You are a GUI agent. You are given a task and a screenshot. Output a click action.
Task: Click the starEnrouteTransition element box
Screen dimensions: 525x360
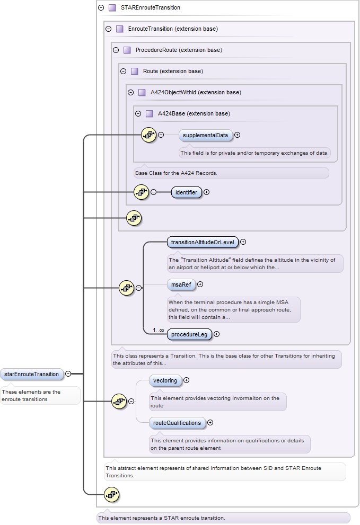(31, 374)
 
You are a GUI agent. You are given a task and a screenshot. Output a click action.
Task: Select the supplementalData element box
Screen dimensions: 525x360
(205, 135)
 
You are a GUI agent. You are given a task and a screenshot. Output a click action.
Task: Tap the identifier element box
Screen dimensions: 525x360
(186, 192)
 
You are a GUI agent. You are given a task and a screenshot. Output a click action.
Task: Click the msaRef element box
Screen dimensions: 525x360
(181, 284)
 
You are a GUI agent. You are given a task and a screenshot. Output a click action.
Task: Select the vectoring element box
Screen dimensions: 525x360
(165, 380)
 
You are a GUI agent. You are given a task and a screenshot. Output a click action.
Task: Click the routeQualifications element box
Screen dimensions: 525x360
(177, 423)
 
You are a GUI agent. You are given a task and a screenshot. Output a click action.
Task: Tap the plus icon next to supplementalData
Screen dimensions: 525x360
(238, 135)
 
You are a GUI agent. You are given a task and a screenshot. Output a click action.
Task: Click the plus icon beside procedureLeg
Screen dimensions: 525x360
(217, 334)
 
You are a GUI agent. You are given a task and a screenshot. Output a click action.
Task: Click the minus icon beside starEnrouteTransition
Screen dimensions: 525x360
(68, 374)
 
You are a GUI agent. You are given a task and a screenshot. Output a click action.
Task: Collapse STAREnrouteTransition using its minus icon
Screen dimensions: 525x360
(101, 8)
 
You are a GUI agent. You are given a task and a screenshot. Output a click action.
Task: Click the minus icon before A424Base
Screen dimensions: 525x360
(138, 113)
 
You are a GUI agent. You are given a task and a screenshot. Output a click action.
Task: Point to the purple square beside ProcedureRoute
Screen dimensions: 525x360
(127, 50)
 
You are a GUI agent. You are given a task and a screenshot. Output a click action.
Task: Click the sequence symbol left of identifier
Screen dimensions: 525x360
(141, 192)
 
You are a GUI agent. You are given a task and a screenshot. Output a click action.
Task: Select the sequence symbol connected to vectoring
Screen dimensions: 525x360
(119, 402)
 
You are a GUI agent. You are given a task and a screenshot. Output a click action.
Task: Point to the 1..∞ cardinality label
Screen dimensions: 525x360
(159, 331)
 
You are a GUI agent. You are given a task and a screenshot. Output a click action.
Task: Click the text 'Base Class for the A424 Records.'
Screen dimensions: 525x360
(176, 173)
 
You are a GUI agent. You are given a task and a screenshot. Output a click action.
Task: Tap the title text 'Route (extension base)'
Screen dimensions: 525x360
(173, 72)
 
